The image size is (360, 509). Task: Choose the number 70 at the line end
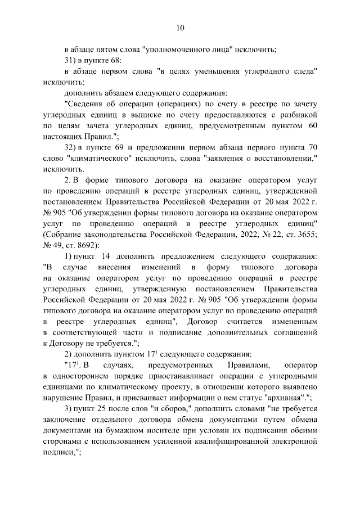click(x=313, y=147)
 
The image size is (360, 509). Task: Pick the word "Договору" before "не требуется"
click(x=66, y=343)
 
